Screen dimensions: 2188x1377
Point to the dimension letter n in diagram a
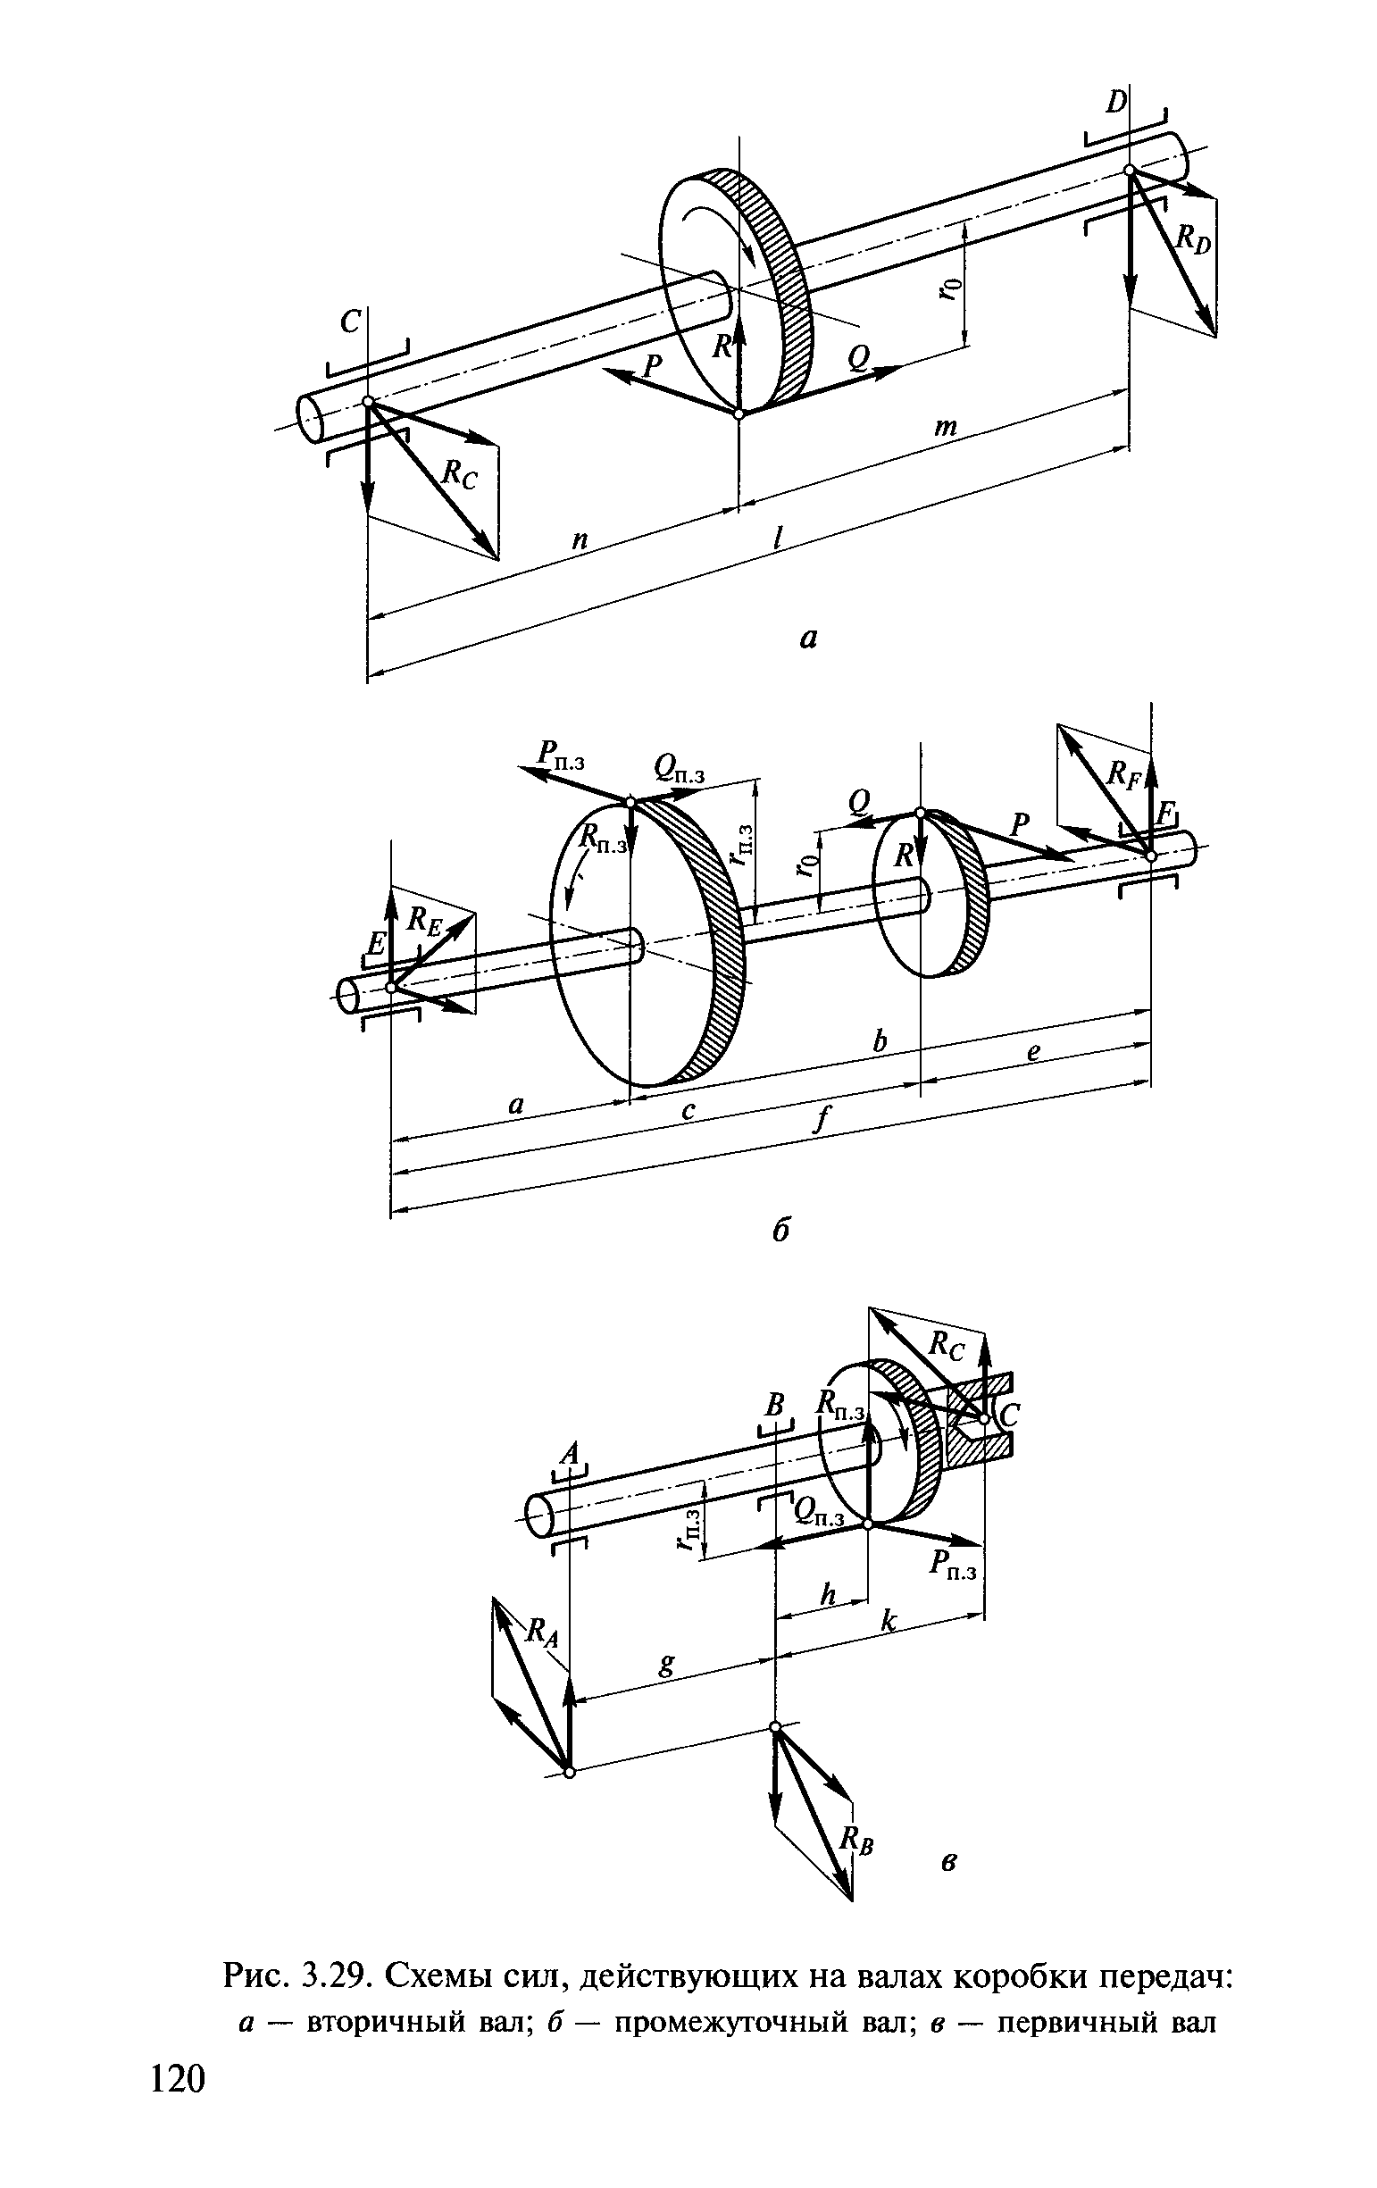[x=580, y=539]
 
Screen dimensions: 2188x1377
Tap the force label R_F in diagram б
[x=1123, y=774]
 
